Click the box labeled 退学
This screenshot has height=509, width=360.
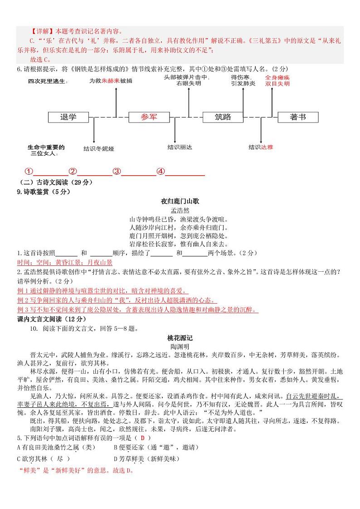tap(68, 117)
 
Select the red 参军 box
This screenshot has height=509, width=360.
tap(149, 117)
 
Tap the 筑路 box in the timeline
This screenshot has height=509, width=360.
tap(223, 117)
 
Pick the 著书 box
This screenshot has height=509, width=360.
tap(298, 117)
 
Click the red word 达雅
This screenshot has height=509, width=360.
tap(268, 147)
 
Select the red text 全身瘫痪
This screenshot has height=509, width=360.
tap(277, 78)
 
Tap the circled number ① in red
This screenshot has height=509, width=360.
tap(29, 171)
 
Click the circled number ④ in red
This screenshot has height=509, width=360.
tap(161, 171)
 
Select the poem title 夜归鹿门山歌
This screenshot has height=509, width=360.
tap(180, 201)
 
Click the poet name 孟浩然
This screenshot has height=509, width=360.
tap(180, 210)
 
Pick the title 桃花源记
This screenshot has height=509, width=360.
tap(180, 338)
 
